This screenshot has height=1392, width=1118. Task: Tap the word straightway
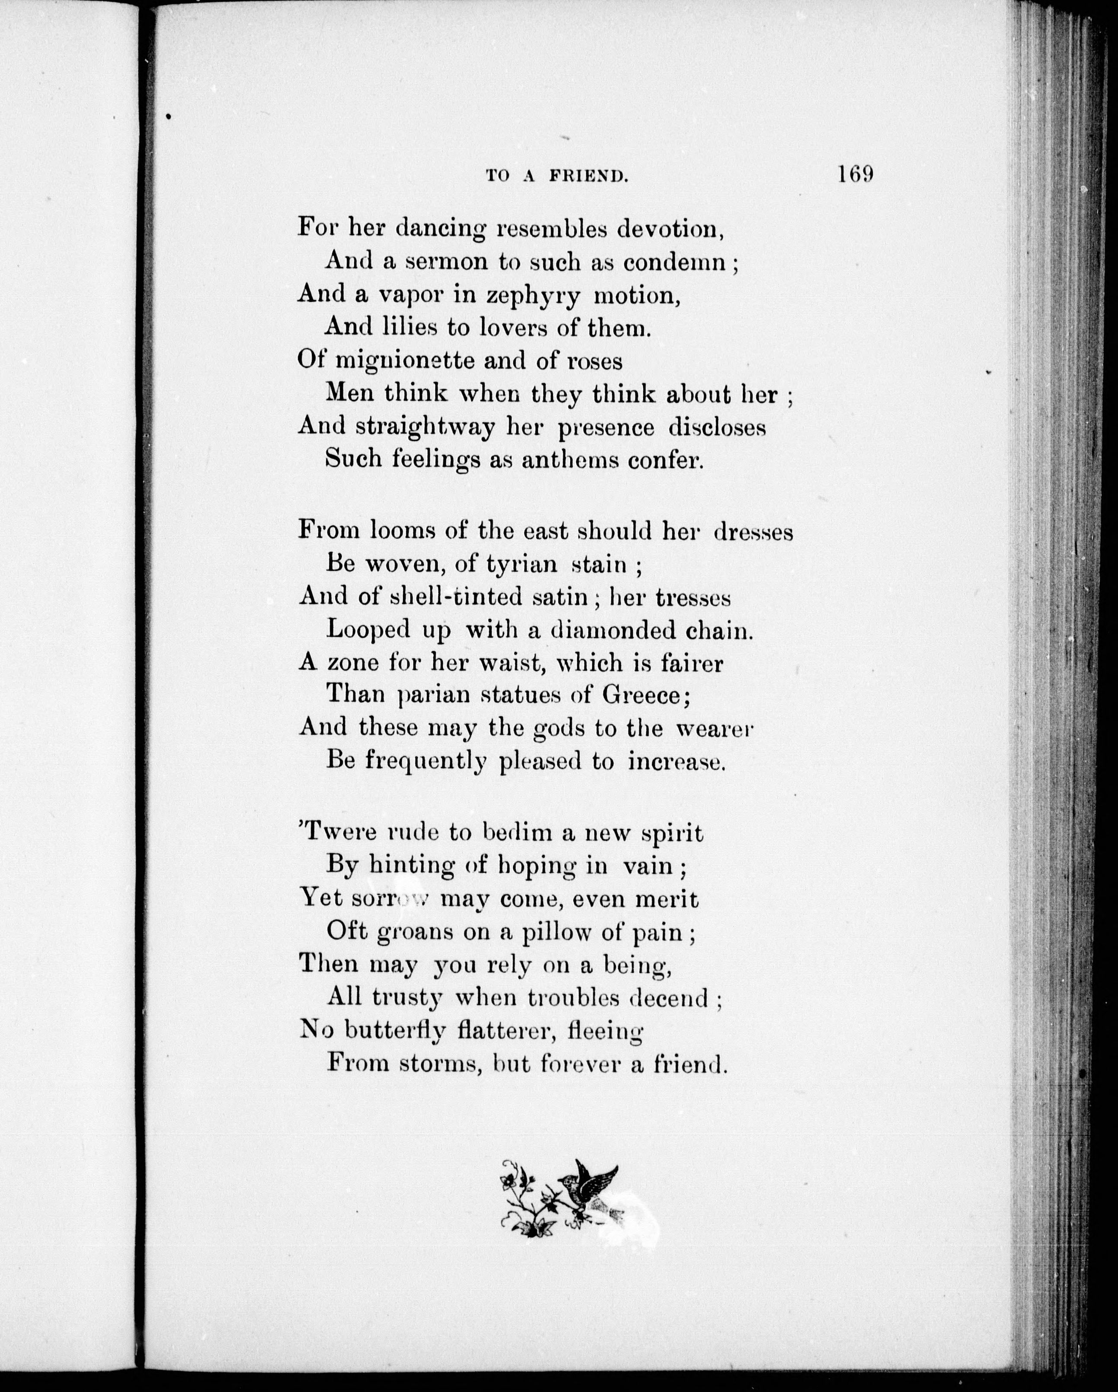point(424,427)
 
